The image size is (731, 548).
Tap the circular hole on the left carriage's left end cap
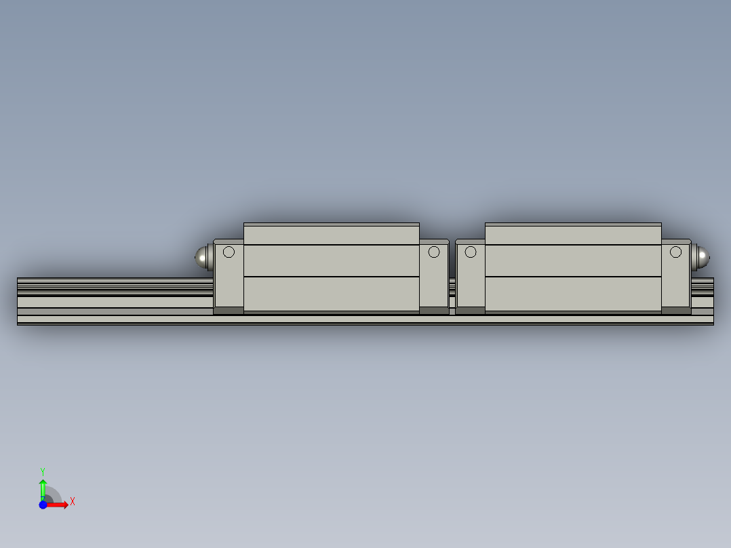(229, 252)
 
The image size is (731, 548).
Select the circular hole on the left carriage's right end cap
(434, 252)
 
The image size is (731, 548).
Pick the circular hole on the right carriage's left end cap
(471, 252)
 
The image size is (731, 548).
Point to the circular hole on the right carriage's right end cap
(675, 252)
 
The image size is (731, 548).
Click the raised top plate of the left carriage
(331, 233)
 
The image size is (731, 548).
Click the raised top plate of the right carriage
(573, 233)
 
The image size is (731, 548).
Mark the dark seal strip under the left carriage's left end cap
(229, 311)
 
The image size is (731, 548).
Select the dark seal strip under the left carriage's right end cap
(434, 311)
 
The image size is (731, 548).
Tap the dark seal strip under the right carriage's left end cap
(470, 311)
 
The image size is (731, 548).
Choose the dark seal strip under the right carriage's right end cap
(676, 311)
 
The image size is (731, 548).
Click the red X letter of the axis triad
(73, 502)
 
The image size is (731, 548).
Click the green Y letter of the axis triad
(43, 471)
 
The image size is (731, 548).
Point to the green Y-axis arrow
(43, 487)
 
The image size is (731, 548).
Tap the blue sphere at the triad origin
(43, 505)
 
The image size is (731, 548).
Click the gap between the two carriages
(452, 285)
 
